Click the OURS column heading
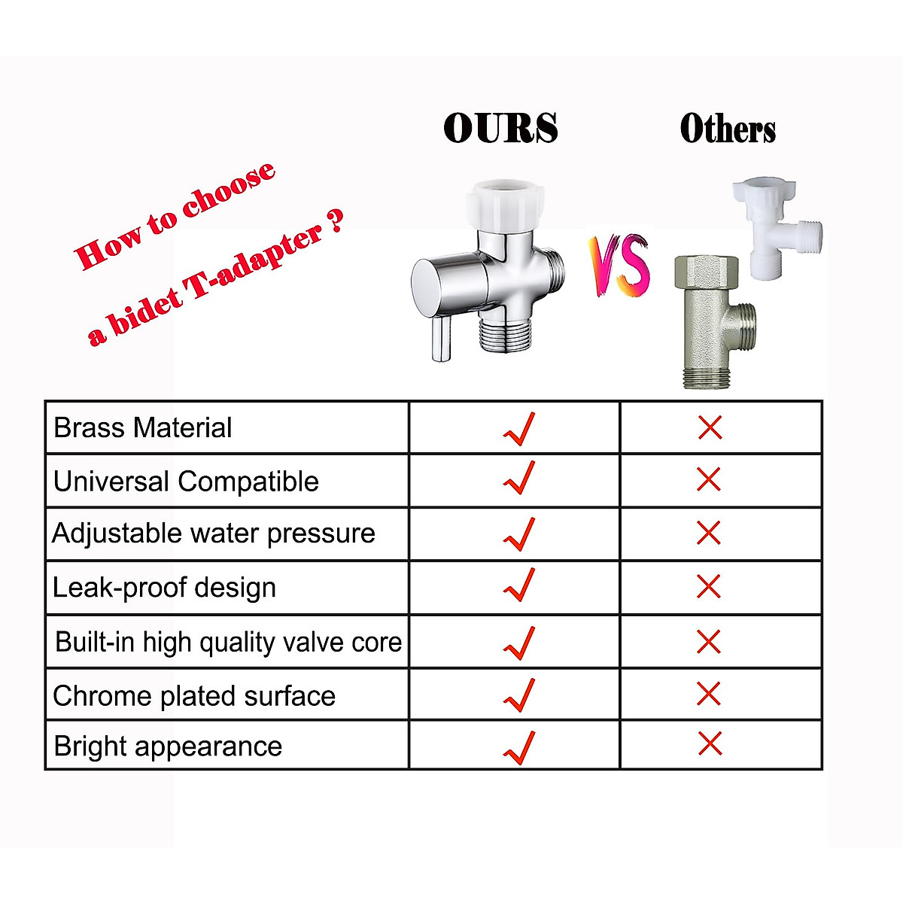pos(500,127)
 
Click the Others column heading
pos(727,128)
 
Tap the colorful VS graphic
pos(619,265)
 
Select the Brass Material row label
pos(142,427)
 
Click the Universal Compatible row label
pos(186,482)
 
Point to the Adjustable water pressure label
pos(214,534)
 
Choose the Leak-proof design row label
pos(164,588)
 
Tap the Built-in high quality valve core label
pos(229,642)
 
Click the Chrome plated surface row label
pos(194,696)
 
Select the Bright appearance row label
pos(168,746)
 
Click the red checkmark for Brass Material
pos(519,428)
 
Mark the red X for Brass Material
pos(710,427)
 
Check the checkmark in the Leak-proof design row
pos(519,585)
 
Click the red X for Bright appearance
pos(710,743)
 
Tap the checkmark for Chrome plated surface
pos(519,695)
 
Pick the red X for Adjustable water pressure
pos(709,534)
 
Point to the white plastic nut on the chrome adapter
pos(505,205)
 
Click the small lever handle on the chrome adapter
pos(441,339)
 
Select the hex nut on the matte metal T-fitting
pos(707,272)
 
